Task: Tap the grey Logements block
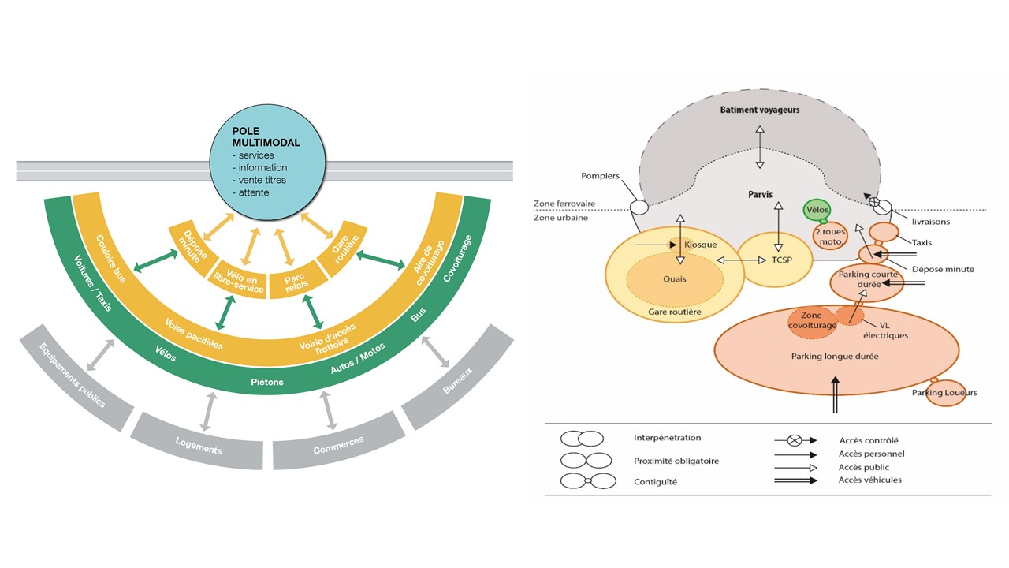tap(196, 445)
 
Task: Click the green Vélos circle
tap(817, 211)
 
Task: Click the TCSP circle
tap(775, 260)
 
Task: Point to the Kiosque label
tap(701, 245)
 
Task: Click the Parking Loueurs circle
tap(944, 392)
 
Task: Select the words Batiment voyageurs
tap(759, 110)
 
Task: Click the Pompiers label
tap(601, 176)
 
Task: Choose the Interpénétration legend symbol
tap(582, 439)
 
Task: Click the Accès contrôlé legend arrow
tap(795, 440)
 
